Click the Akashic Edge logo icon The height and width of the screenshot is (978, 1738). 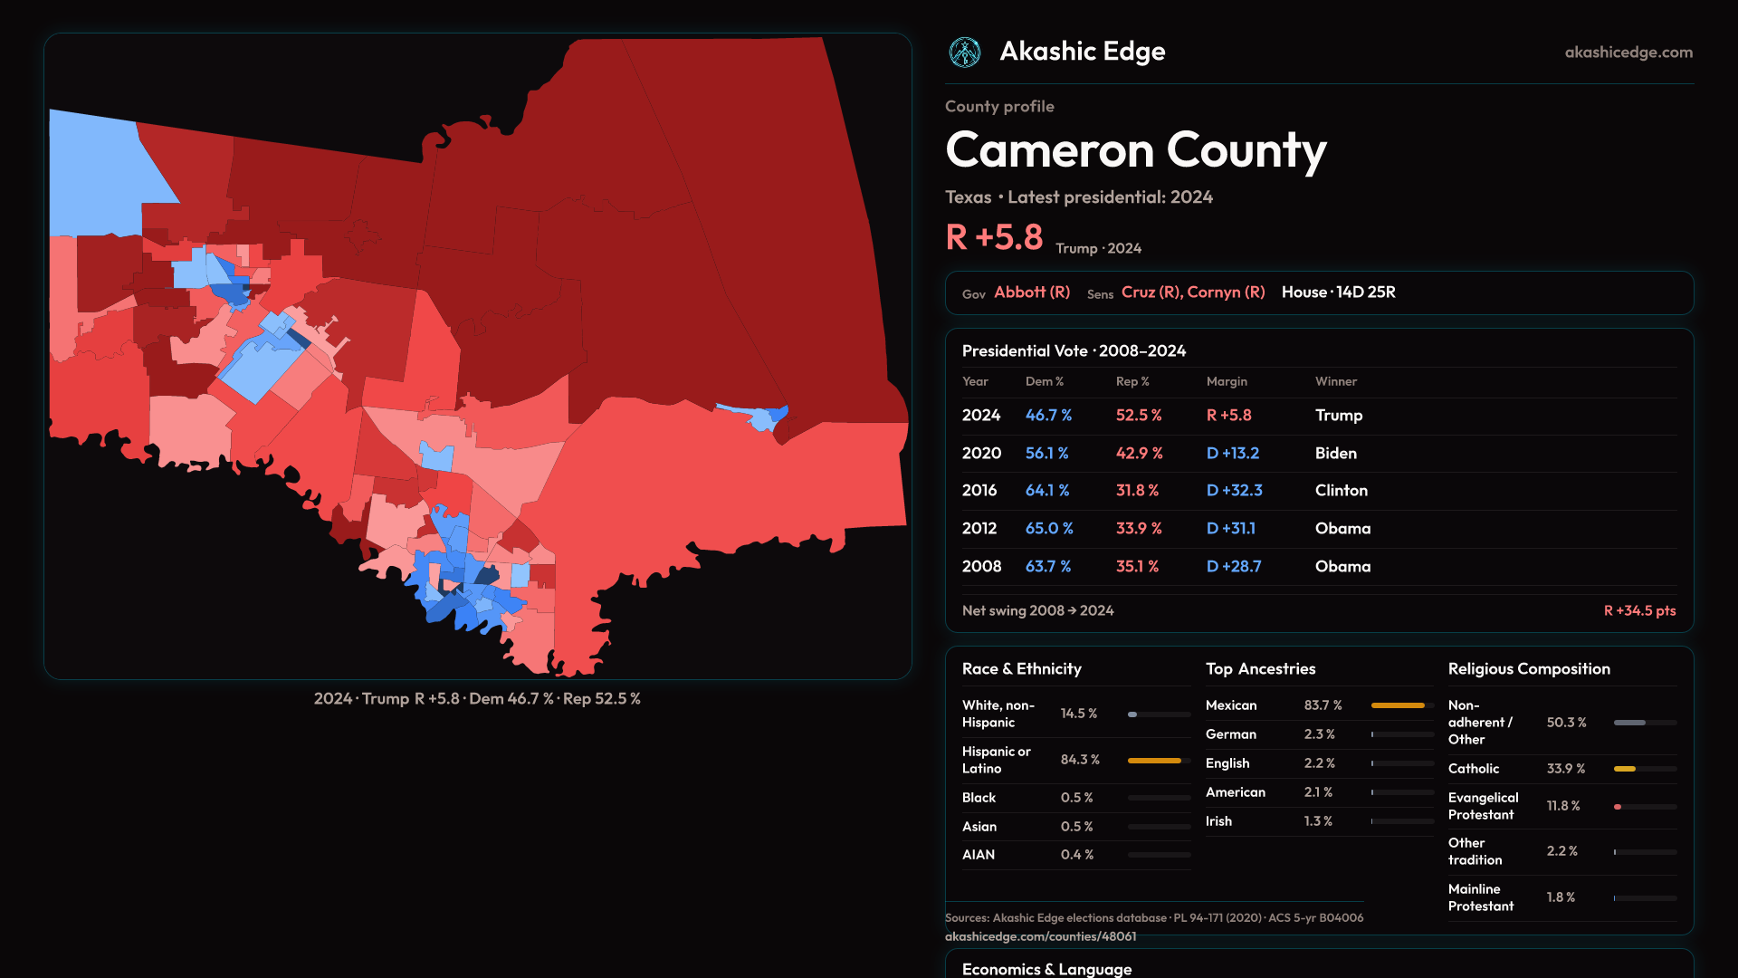(x=965, y=53)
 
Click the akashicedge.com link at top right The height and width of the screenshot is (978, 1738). (x=1628, y=53)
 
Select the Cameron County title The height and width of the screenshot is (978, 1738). (x=1135, y=150)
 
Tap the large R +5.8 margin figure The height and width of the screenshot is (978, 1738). (x=994, y=238)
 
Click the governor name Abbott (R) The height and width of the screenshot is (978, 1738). (x=1032, y=292)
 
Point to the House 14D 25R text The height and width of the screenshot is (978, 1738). (x=1338, y=292)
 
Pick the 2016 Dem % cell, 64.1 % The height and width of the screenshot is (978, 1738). (x=1047, y=491)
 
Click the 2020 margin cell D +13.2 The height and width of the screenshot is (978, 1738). (x=1233, y=454)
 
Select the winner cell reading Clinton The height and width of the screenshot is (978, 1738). (x=1341, y=491)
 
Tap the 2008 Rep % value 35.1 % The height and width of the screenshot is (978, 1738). (x=1137, y=567)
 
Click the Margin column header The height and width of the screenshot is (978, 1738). (x=1227, y=382)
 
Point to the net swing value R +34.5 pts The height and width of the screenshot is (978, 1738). (x=1639, y=611)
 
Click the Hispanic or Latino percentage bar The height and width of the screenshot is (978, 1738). (x=1155, y=761)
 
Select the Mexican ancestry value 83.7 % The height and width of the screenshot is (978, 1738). (x=1323, y=705)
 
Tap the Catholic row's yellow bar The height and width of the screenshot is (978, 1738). (x=1625, y=769)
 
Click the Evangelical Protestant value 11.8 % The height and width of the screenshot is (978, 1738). (x=1562, y=806)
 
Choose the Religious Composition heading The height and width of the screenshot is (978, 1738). (x=1529, y=669)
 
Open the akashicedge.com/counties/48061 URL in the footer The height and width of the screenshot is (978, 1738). (x=1040, y=937)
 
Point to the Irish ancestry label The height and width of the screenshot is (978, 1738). (x=1218, y=821)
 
